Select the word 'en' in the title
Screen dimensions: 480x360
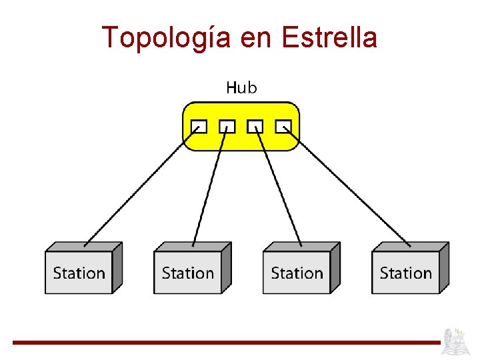click(x=255, y=38)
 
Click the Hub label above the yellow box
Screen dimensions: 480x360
click(x=241, y=87)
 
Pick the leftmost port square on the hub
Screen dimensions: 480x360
click(x=199, y=127)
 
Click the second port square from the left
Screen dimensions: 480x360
click(x=227, y=127)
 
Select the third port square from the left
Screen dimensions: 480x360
click(x=255, y=127)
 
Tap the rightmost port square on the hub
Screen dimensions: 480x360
click(x=284, y=127)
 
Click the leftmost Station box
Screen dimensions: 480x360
click(x=79, y=272)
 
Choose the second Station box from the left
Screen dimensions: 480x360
click(x=188, y=272)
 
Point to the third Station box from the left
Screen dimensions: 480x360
click(x=297, y=272)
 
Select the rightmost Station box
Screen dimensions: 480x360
click(x=405, y=272)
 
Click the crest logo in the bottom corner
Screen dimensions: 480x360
click(x=459, y=341)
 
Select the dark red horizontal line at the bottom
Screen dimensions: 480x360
click(x=227, y=343)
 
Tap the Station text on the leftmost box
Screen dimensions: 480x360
click(x=79, y=273)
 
